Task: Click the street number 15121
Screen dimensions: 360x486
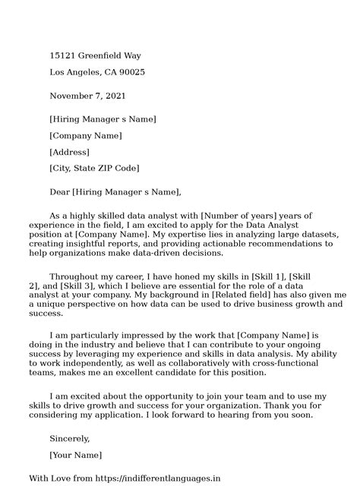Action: point(62,56)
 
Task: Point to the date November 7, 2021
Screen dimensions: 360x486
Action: point(88,96)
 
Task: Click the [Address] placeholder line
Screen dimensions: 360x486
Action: point(69,152)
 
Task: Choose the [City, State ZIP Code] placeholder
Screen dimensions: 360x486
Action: point(94,168)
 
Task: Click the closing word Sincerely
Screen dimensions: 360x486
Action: point(70,438)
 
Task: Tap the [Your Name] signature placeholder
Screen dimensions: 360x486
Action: point(75,455)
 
